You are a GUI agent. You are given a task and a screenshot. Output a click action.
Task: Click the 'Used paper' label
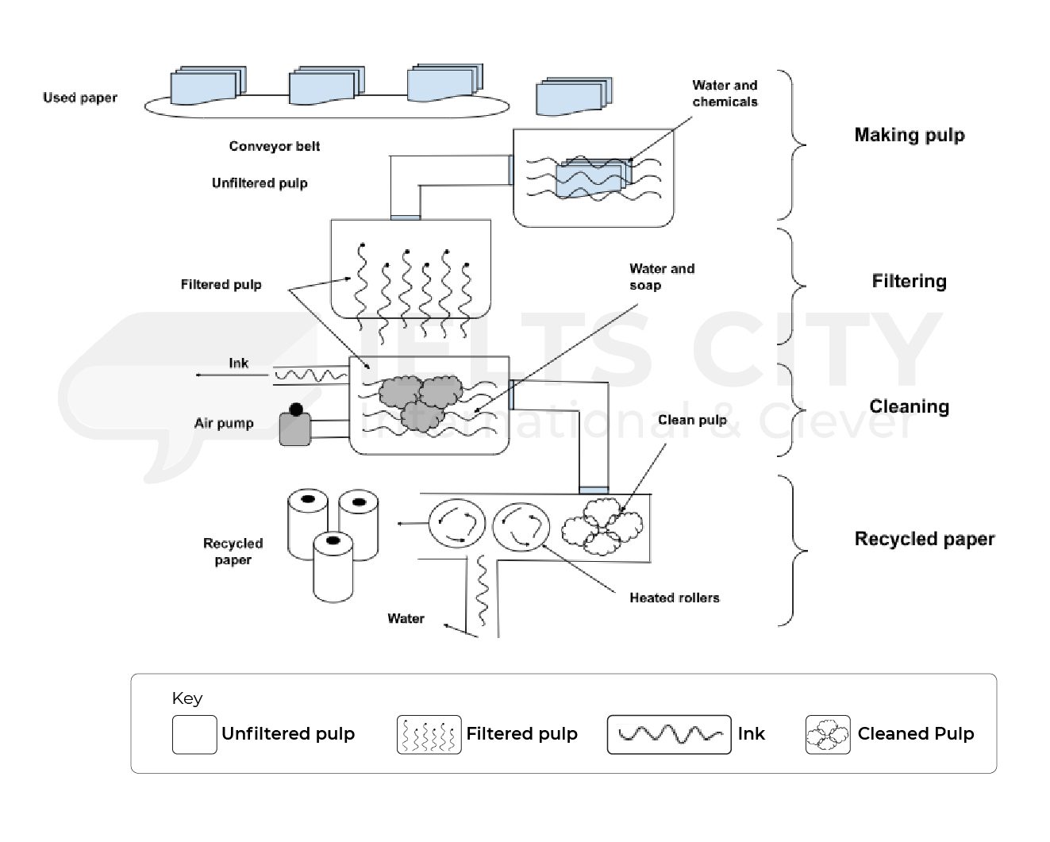click(79, 98)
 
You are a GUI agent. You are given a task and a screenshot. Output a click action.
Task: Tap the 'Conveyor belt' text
click(275, 146)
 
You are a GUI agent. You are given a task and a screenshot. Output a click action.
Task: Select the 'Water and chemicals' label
click(725, 94)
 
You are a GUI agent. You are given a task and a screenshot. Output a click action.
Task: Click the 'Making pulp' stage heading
click(909, 135)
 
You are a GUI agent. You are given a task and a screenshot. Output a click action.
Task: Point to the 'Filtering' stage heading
click(909, 281)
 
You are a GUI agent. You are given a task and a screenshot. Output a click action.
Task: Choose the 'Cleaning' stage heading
click(909, 406)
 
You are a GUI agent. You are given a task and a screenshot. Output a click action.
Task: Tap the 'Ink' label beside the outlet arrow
click(238, 363)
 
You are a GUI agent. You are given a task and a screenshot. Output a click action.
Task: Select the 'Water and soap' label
click(661, 277)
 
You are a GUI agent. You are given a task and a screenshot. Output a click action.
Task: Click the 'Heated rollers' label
click(674, 598)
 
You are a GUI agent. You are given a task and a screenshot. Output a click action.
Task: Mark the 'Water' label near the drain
click(406, 618)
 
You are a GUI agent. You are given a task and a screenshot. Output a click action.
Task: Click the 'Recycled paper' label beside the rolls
click(233, 552)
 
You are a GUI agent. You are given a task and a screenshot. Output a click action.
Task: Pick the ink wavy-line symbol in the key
click(668, 734)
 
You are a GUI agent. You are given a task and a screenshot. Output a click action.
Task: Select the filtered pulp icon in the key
click(429, 734)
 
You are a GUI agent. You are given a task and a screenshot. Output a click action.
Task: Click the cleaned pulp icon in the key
click(827, 734)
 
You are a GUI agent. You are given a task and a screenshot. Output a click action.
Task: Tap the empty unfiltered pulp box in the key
click(194, 734)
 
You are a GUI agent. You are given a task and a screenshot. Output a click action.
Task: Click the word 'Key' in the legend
click(187, 698)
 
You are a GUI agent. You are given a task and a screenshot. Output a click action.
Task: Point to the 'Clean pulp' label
click(692, 420)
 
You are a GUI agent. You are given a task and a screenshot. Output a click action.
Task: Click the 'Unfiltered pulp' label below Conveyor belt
click(260, 183)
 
